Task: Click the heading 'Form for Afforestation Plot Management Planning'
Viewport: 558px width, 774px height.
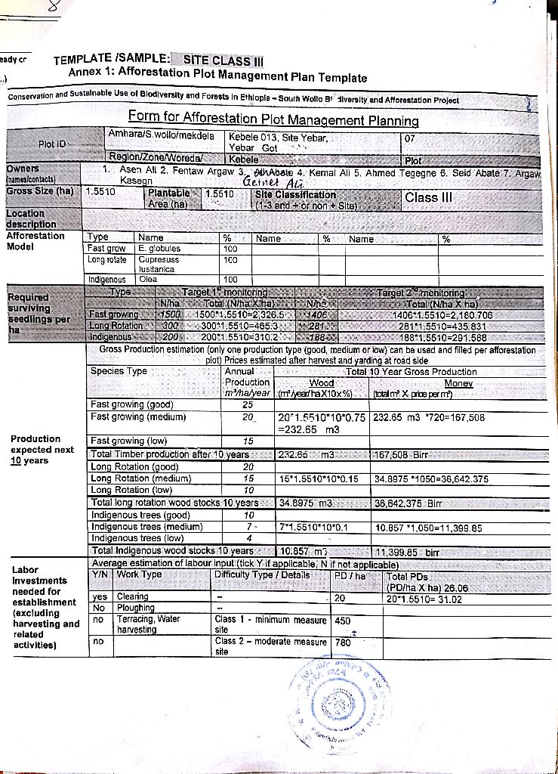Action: pyautogui.click(x=273, y=119)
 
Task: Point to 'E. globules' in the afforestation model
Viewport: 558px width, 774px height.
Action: pyautogui.click(x=159, y=247)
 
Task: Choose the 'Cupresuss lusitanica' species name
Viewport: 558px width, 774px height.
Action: pyautogui.click(x=159, y=262)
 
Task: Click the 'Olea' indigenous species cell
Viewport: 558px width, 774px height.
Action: pyautogui.click(x=148, y=278)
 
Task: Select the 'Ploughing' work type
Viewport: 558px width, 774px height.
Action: pyautogui.click(x=136, y=608)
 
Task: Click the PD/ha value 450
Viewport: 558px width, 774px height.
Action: pyautogui.click(x=343, y=621)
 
